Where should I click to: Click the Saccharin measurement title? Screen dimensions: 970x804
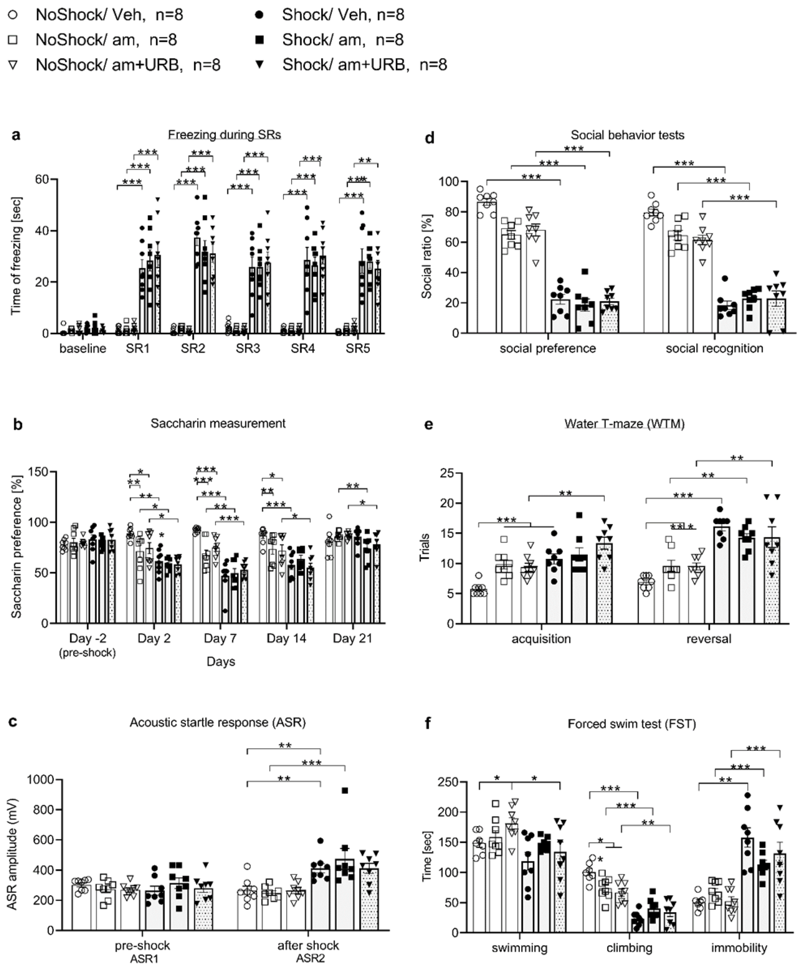218,423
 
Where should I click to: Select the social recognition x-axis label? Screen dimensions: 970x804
714,348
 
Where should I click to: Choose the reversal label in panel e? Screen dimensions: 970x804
709,639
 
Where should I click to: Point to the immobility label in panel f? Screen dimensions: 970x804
739,948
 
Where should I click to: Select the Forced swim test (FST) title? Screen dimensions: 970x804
632,724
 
